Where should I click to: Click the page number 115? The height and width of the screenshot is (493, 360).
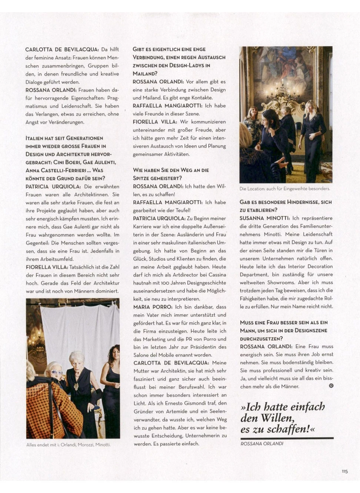[344, 471]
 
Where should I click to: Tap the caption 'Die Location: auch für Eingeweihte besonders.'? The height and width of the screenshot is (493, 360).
[284, 189]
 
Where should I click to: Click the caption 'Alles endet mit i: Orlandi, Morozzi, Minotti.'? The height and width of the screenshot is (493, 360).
[68, 444]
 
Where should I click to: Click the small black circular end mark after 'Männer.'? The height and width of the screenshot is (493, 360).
[331, 386]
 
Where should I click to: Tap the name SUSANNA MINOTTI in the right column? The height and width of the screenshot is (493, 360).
[264, 218]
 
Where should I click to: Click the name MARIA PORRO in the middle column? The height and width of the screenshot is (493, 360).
[153, 307]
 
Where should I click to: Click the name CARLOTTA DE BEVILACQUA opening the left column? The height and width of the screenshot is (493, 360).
[62, 49]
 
